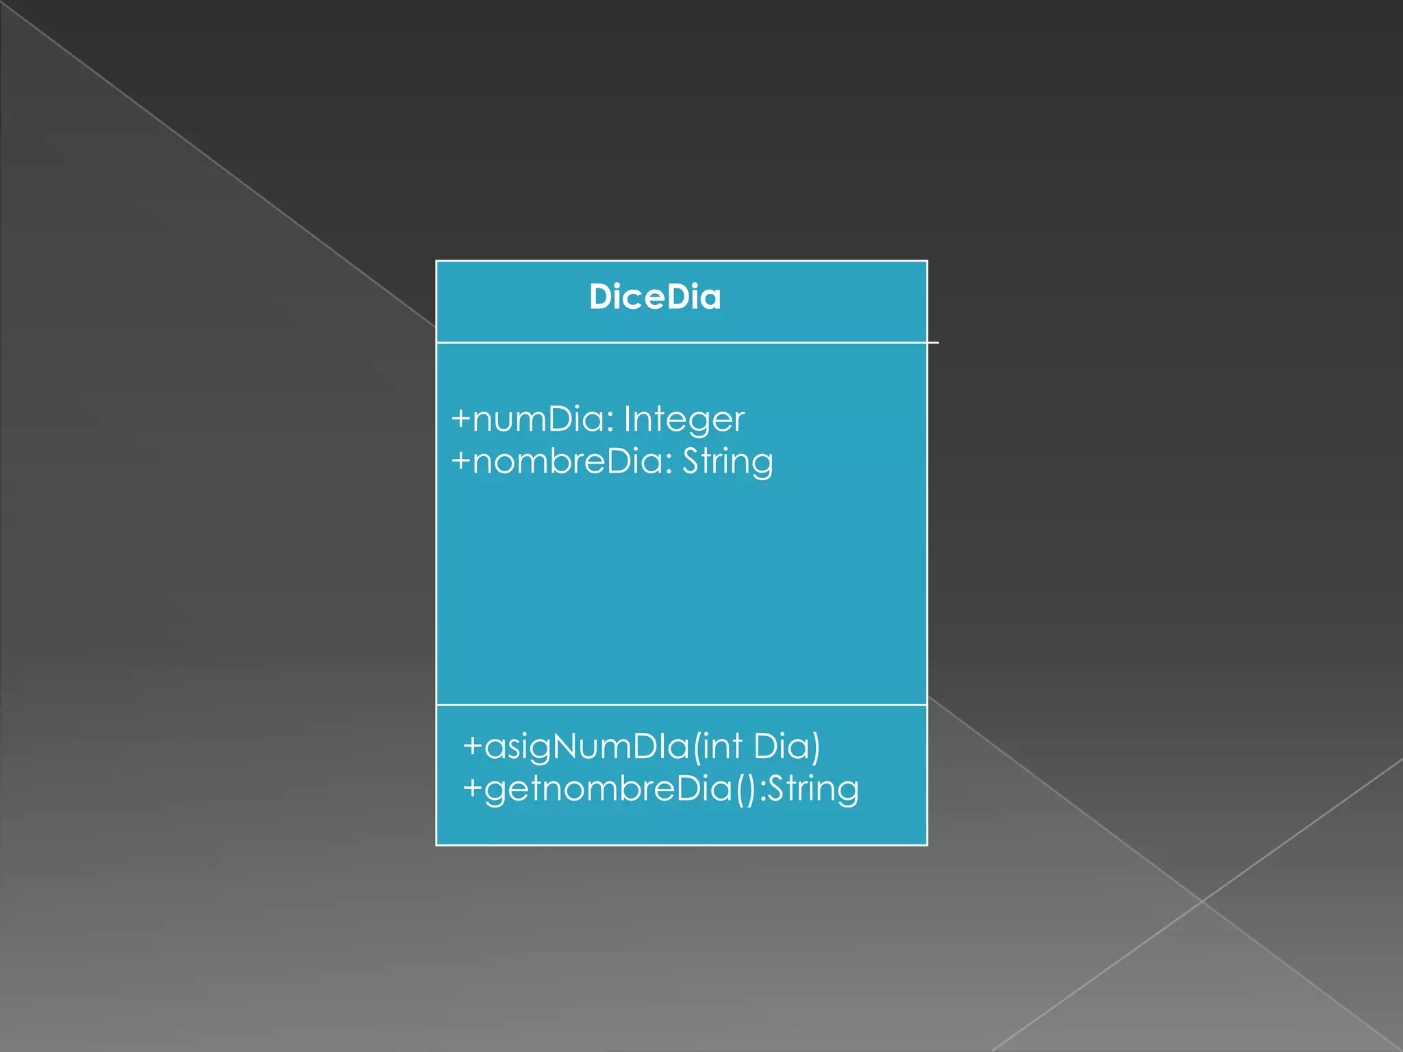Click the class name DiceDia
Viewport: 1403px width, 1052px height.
click(x=655, y=297)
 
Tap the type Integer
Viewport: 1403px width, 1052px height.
click(x=684, y=420)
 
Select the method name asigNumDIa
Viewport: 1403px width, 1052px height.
click(x=587, y=747)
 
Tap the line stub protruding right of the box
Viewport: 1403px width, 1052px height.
click(x=933, y=342)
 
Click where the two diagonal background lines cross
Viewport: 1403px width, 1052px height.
click(x=1202, y=901)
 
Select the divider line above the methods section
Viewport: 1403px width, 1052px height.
click(x=682, y=705)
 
